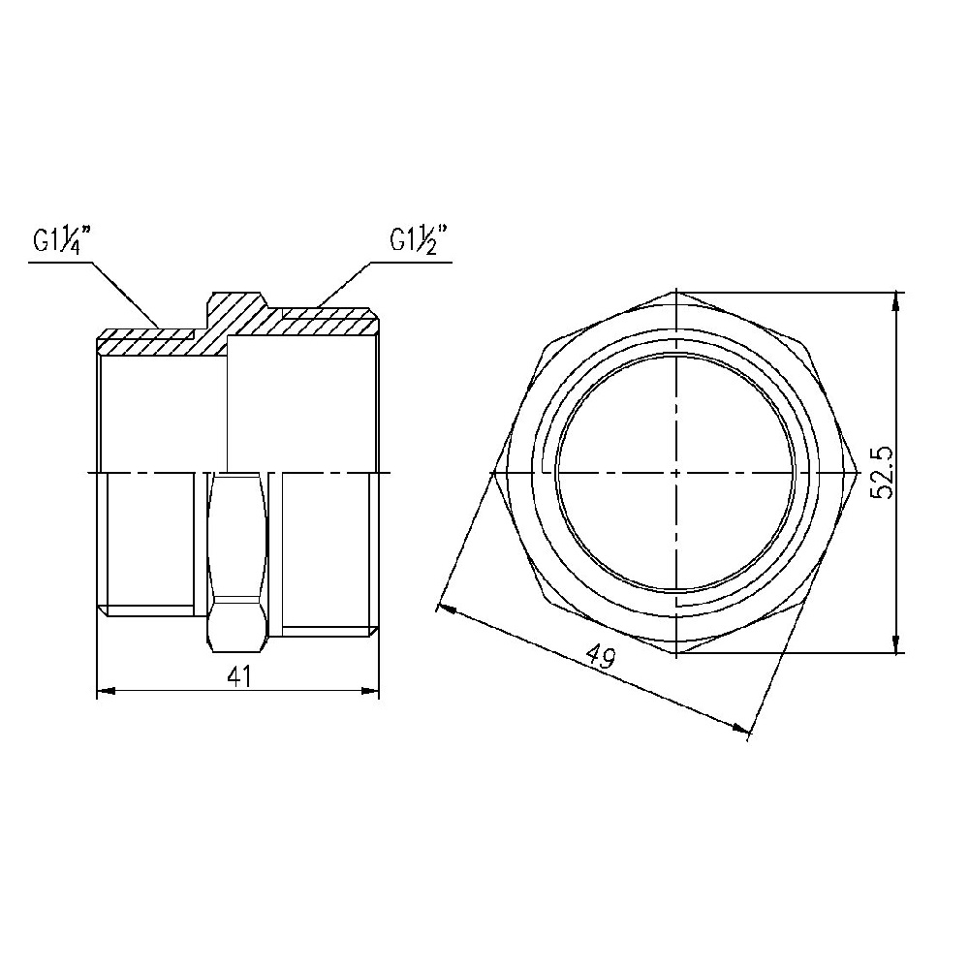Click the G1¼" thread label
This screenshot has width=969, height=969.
click(62, 239)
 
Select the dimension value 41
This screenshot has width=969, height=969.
click(238, 676)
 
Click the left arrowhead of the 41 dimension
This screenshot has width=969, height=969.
click(107, 690)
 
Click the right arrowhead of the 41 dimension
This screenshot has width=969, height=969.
click(369, 690)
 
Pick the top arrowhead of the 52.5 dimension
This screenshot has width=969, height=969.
click(896, 301)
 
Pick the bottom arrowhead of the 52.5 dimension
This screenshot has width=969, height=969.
click(896, 642)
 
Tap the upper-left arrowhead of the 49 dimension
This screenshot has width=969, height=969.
click(446, 610)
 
